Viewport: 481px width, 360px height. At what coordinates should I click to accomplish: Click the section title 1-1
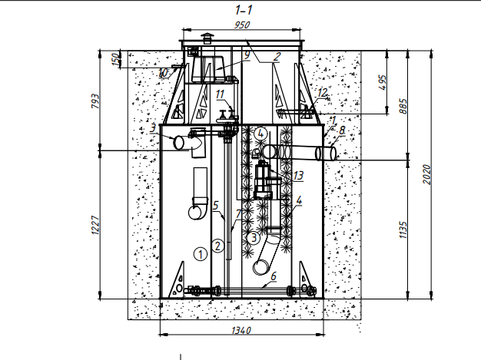244,10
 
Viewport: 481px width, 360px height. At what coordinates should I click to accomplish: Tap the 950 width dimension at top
242,25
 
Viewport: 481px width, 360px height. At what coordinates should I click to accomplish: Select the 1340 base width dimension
241,331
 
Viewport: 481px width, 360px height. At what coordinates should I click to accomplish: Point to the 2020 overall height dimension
427,175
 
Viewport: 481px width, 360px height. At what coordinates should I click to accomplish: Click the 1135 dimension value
403,230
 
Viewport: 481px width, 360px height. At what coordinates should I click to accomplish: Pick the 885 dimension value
403,106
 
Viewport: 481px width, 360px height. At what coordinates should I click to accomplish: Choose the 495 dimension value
383,82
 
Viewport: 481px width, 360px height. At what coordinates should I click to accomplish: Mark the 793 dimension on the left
95,101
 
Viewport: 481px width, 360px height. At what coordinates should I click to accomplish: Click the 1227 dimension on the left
95,225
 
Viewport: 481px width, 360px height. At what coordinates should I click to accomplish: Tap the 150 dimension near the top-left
115,59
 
